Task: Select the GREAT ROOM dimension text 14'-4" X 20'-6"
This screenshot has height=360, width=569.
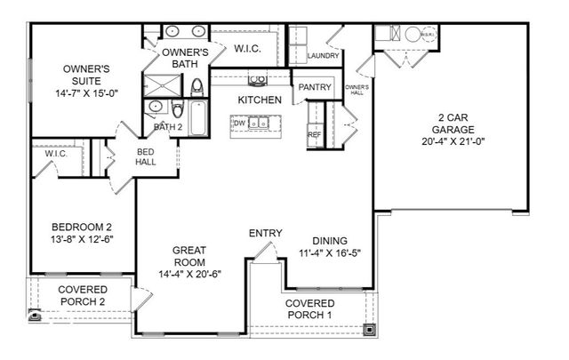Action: click(188, 273)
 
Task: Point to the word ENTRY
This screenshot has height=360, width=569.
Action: click(265, 234)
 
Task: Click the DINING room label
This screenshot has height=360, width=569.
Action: click(330, 241)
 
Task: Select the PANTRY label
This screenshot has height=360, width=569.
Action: click(315, 87)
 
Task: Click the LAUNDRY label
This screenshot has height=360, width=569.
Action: click(323, 56)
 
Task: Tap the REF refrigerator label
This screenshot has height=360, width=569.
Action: click(314, 135)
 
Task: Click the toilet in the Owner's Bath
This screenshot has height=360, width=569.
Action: click(197, 85)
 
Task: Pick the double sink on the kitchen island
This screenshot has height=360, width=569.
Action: click(257, 123)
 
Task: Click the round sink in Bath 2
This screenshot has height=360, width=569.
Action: click(156, 106)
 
